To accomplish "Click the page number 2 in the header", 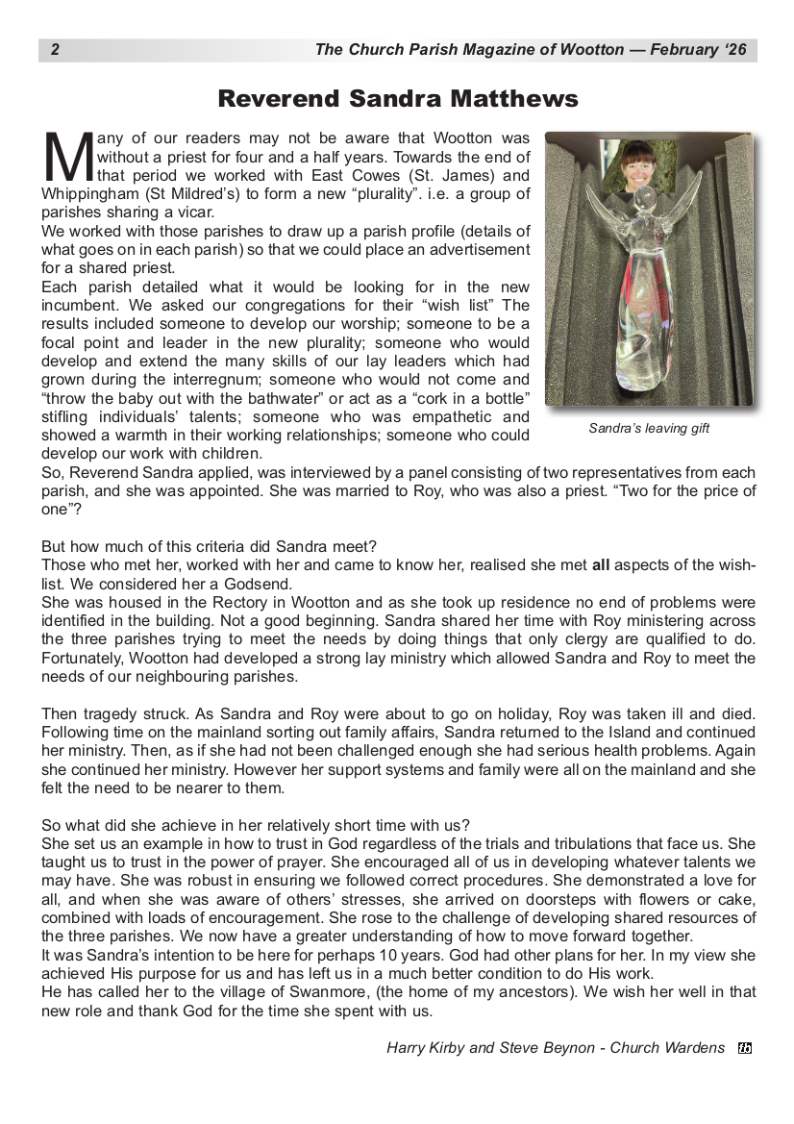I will tap(55, 50).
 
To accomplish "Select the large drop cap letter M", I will tap(67, 158).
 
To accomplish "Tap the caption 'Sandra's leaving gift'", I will tap(649, 429).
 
